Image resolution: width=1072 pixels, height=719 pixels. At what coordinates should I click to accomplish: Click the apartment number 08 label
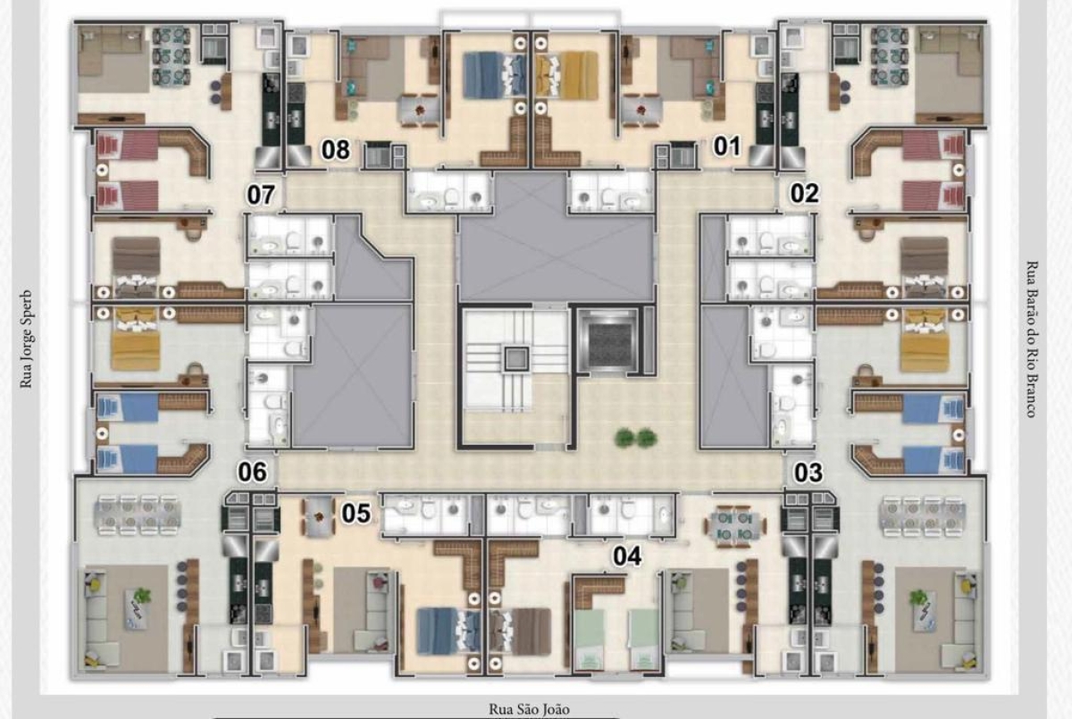tap(336, 150)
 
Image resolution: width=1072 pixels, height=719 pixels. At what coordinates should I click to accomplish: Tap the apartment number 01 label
tap(727, 146)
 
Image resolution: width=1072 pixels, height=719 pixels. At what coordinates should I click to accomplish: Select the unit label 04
tap(627, 556)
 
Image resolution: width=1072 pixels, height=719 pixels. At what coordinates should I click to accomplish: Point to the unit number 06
tap(252, 472)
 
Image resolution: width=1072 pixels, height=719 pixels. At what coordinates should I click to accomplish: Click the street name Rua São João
tap(529, 708)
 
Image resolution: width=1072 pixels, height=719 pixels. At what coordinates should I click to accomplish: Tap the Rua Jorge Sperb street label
tap(26, 339)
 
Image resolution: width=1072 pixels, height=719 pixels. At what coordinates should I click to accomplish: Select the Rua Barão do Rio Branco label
tap(1032, 339)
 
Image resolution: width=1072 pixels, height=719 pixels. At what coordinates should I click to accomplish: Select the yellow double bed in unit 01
tap(568, 76)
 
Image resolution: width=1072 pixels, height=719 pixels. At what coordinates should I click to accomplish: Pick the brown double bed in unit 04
tap(521, 631)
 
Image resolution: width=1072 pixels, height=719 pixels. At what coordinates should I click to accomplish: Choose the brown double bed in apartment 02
tap(924, 268)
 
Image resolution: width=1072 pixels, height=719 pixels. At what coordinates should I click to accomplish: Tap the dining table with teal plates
tap(733, 526)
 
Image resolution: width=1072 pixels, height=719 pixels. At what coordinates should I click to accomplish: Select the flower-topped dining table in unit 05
tap(319, 516)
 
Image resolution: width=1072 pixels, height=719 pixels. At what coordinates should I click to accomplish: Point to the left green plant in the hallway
tap(624, 438)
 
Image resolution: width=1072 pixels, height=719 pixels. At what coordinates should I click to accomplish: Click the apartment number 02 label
tap(805, 194)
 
